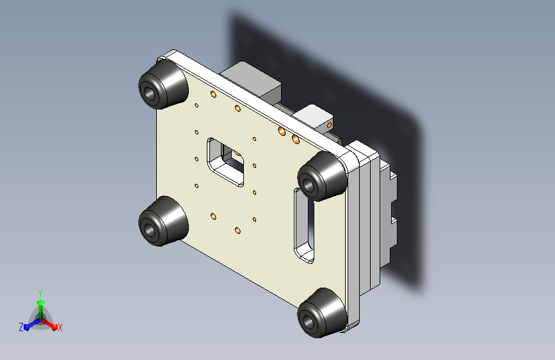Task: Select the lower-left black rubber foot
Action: [163, 222]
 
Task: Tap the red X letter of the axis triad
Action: [60, 327]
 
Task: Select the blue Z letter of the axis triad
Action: [21, 327]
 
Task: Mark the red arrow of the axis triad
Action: [51, 323]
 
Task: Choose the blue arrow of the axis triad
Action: [29, 324]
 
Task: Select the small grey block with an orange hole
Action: [317, 117]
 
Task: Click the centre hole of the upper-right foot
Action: [310, 184]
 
